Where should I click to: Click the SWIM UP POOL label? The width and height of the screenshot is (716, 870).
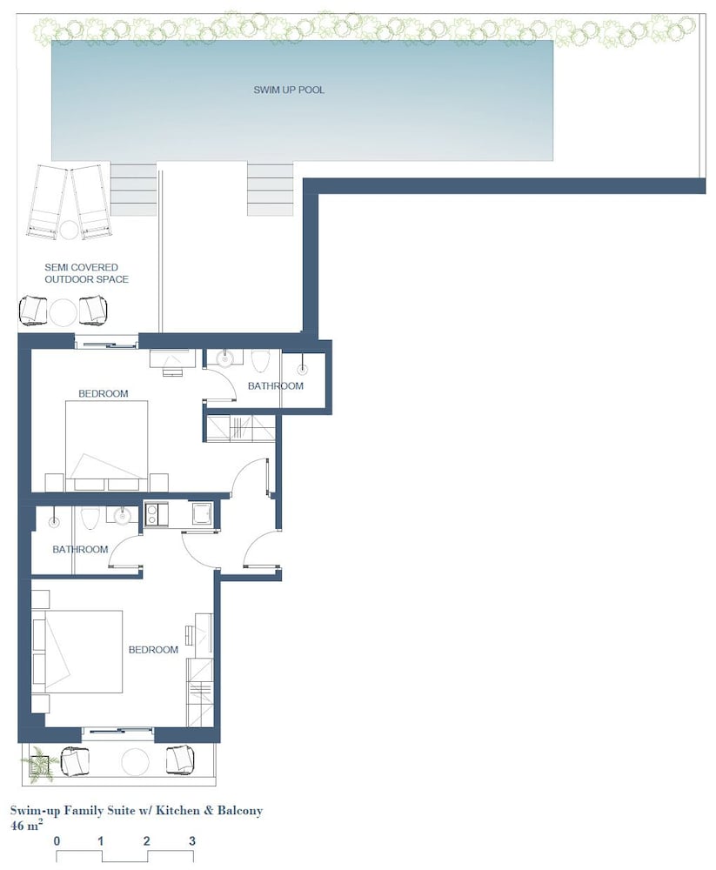point(289,90)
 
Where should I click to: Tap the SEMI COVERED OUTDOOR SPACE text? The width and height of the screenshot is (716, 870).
point(87,273)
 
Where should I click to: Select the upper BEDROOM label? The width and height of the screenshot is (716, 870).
point(104,393)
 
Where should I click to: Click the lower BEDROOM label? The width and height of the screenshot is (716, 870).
point(153,650)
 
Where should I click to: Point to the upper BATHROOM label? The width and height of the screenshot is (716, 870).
point(275,386)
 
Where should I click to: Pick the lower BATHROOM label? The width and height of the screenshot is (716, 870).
point(80,549)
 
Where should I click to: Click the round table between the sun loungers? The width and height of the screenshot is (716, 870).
point(70,229)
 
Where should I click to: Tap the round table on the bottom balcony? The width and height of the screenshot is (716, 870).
point(135,761)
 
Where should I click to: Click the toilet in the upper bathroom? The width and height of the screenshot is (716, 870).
point(260,361)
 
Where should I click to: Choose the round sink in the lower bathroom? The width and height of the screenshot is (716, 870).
point(122,517)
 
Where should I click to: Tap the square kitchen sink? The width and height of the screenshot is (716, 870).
point(201,513)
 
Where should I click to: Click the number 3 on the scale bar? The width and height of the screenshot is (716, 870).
point(192,841)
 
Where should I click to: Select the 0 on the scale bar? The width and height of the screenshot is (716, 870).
point(57,841)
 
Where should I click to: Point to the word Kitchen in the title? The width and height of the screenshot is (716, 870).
point(177,811)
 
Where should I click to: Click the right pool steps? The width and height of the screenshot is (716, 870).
point(271,189)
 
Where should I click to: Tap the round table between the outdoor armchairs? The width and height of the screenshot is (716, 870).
point(63,313)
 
